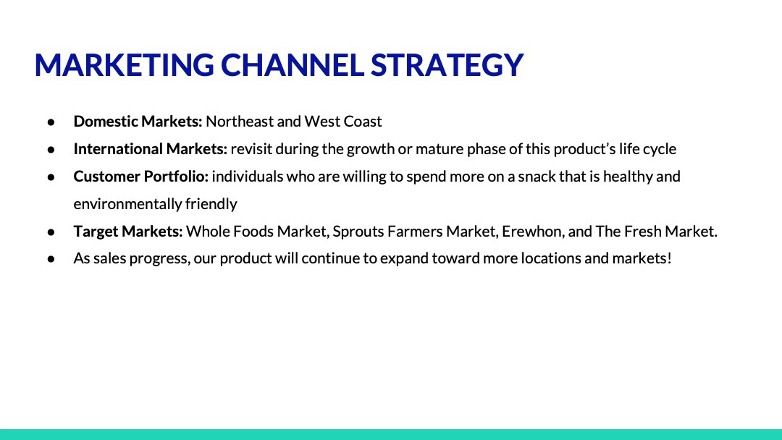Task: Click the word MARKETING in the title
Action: pos(125,65)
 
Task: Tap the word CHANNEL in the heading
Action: pos(293,65)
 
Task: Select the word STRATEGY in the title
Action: pos(447,65)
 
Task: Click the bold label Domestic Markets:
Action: pos(138,121)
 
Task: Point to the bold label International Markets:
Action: pos(150,148)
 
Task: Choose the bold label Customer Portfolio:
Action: pos(140,176)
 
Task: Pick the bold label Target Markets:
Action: pos(128,231)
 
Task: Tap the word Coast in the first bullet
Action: pos(363,121)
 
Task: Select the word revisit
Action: pos(251,148)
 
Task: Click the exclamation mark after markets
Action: pos(669,258)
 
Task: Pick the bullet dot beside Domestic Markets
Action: pos(51,122)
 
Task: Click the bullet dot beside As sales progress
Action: pos(51,258)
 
